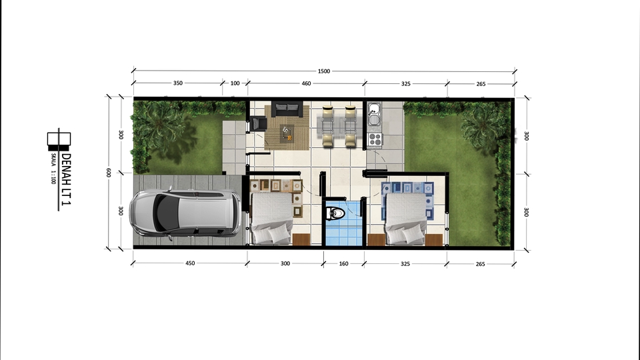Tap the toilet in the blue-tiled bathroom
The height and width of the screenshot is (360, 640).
pyautogui.click(x=337, y=214)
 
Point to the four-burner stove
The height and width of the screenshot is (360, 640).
pyautogui.click(x=374, y=139)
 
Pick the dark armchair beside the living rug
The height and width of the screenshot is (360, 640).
pyautogui.click(x=258, y=124)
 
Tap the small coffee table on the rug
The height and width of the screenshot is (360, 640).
pyautogui.click(x=287, y=132)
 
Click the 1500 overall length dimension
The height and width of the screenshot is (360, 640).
pyautogui.click(x=325, y=71)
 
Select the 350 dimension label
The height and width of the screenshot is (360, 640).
pyautogui.click(x=178, y=84)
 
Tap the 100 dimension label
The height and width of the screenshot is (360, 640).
pyautogui.click(x=235, y=84)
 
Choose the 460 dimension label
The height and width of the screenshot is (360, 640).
pyautogui.click(x=306, y=84)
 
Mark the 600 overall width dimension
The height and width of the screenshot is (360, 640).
pyautogui.click(x=108, y=172)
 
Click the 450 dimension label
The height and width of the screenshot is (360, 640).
pyautogui.click(x=190, y=264)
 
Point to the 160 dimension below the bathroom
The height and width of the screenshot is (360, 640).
pyautogui.click(x=344, y=264)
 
